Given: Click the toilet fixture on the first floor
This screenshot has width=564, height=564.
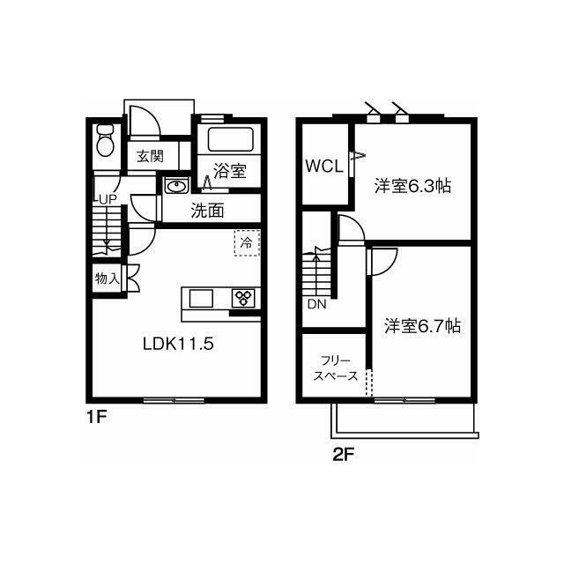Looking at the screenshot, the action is pyautogui.click(x=106, y=140).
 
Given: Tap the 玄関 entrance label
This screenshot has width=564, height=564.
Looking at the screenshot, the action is pyautogui.click(x=151, y=157).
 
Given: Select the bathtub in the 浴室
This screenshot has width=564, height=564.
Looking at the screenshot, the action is pyautogui.click(x=231, y=140).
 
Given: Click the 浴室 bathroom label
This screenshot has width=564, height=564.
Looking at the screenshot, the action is pyautogui.click(x=229, y=171).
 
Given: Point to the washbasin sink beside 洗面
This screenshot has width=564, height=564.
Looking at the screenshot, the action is pyautogui.click(x=176, y=186).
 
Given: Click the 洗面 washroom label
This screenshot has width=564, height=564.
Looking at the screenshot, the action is pyautogui.click(x=208, y=211).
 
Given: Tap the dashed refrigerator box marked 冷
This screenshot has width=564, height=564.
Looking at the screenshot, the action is pyautogui.click(x=247, y=243).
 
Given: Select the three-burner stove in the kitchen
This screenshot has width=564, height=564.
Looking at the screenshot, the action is pyautogui.click(x=243, y=298).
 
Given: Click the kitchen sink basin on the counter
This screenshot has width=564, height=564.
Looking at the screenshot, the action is pyautogui.click(x=201, y=298).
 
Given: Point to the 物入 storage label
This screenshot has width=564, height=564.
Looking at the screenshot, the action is pyautogui.click(x=107, y=278).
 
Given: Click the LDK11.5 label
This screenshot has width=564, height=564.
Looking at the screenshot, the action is pyautogui.click(x=178, y=344).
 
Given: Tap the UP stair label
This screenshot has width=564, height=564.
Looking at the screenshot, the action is pyautogui.click(x=108, y=200).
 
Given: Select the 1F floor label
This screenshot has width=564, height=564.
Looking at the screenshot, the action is pyautogui.click(x=97, y=417).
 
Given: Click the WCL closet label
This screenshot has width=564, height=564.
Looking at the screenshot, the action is pyautogui.click(x=324, y=167).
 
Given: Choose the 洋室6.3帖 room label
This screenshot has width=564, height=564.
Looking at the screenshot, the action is pyautogui.click(x=413, y=186).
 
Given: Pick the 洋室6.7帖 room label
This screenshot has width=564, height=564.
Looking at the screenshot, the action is pyautogui.click(x=423, y=326).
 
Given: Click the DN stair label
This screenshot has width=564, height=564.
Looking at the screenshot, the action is pyautogui.click(x=317, y=305).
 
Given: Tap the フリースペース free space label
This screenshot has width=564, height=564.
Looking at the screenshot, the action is pyautogui.click(x=336, y=368).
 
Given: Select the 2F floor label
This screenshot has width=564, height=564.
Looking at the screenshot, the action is pyautogui.click(x=344, y=455).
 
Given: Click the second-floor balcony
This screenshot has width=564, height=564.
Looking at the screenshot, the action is pyautogui.click(x=404, y=419).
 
